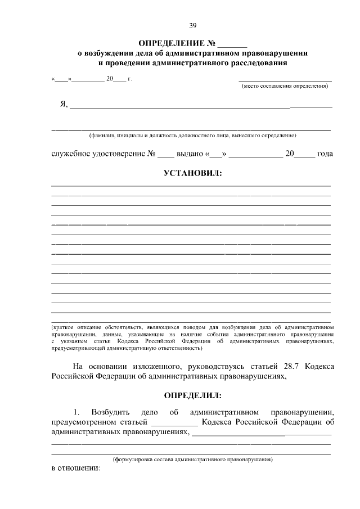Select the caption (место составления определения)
click(x=285, y=87)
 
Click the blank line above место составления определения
click(x=285, y=81)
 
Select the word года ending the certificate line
click(x=325, y=154)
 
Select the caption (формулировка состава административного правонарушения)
click(x=192, y=460)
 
